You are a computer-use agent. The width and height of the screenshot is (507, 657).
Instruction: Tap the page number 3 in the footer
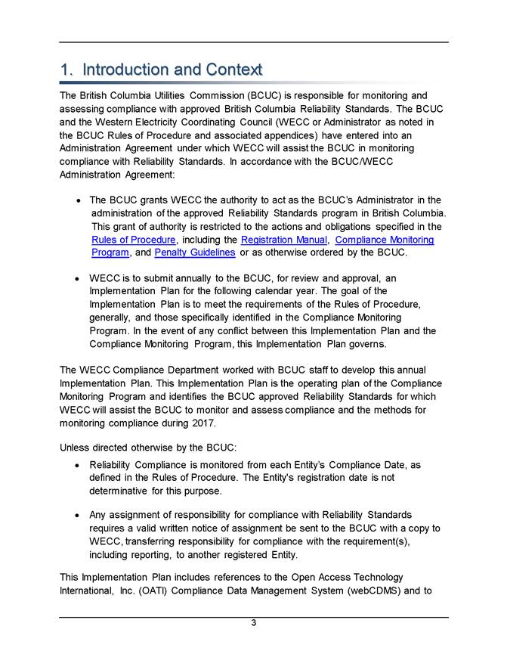(x=254, y=622)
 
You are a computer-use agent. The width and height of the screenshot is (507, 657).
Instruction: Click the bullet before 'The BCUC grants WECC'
(x=79, y=200)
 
